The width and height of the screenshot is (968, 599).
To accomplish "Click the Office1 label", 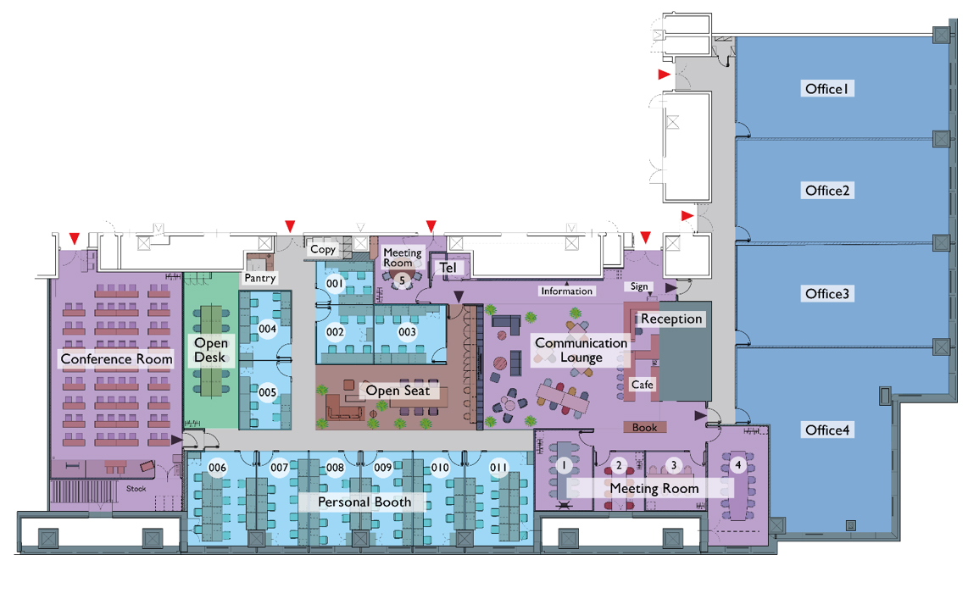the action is pyautogui.click(x=827, y=89).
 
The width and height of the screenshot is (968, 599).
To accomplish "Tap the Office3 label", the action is pyautogui.click(x=827, y=294).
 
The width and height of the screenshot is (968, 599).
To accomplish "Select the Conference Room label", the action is pyautogui.click(x=117, y=359).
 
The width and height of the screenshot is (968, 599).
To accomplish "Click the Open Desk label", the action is pyautogui.click(x=211, y=351).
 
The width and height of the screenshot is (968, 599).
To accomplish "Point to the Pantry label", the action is pyautogui.click(x=260, y=278).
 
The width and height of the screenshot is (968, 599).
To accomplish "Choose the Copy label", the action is pyautogui.click(x=323, y=249).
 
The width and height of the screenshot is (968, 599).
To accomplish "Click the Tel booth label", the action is pyautogui.click(x=448, y=268).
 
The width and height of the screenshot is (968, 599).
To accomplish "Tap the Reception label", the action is pyautogui.click(x=671, y=319).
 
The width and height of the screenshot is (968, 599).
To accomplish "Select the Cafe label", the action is pyautogui.click(x=642, y=385).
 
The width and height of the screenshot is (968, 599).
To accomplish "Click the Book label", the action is pyautogui.click(x=644, y=428).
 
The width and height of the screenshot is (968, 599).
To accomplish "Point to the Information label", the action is pyautogui.click(x=567, y=291).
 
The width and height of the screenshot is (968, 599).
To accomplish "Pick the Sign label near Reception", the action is pyautogui.click(x=640, y=286).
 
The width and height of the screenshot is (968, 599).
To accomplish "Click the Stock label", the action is pyautogui.click(x=136, y=489).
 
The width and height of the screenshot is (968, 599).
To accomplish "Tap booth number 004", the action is pyautogui.click(x=267, y=329).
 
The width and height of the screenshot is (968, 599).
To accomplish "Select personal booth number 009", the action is pyautogui.click(x=383, y=468).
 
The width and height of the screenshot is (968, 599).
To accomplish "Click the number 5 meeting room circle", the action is pyautogui.click(x=402, y=281).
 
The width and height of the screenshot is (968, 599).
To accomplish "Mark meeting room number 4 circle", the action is pyautogui.click(x=737, y=464).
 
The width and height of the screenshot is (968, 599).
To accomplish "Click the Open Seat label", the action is pyautogui.click(x=398, y=391).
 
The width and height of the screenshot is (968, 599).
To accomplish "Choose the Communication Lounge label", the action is pyautogui.click(x=581, y=351).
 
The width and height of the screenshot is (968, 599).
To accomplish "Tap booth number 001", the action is pyautogui.click(x=335, y=284).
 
